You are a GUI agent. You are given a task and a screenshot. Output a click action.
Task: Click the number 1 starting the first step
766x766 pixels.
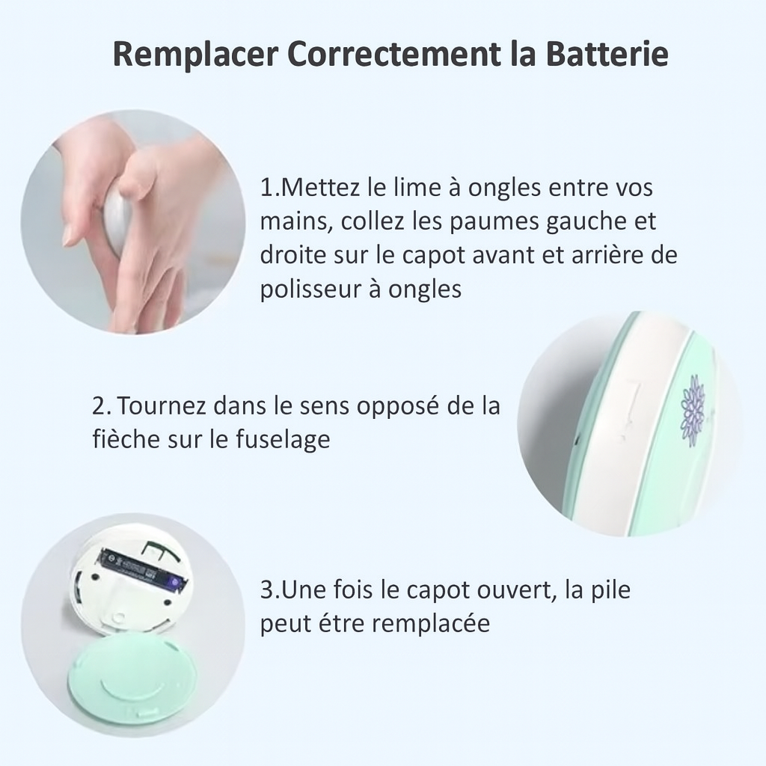click(266, 187)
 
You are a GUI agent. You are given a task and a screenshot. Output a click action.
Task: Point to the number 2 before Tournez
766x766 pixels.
click(99, 406)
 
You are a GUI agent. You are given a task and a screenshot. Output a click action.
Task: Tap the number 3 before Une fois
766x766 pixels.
click(267, 589)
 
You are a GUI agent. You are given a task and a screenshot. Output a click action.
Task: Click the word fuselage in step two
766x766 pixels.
click(283, 439)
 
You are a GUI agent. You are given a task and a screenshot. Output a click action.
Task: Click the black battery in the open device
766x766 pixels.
click(141, 569)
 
